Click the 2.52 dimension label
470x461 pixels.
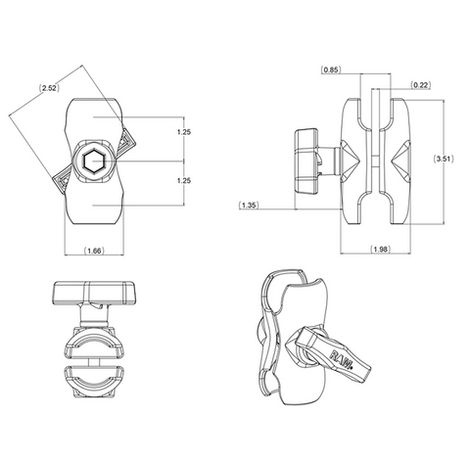tap(49, 88)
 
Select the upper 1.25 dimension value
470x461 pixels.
tap(184, 132)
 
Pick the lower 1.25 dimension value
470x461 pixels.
tap(184, 180)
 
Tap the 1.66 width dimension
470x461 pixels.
tap(94, 251)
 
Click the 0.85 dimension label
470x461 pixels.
tap(331, 69)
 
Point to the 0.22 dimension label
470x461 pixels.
tap(420, 85)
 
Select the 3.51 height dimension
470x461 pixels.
tap(444, 159)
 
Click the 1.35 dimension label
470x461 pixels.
tap(249, 206)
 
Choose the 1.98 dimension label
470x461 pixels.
tap(381, 250)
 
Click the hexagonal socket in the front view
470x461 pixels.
tap(92, 161)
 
